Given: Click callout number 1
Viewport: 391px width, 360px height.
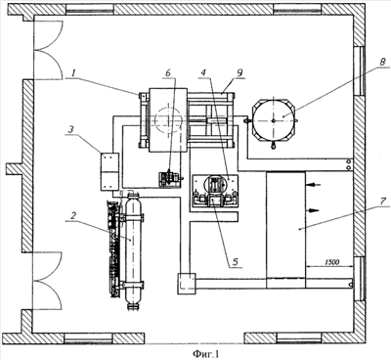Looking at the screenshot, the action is click(74, 73).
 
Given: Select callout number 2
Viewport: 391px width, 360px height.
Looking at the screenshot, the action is click(73, 215).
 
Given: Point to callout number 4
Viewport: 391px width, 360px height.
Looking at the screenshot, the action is click(203, 73).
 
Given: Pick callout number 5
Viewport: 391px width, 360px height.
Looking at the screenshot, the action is click(236, 262).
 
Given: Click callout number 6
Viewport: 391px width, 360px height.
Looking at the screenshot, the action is click(168, 73).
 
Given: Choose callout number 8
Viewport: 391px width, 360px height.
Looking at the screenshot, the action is click(382, 62).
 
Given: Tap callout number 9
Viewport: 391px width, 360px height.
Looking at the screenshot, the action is click(239, 73).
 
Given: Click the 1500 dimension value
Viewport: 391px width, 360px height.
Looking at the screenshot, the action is click(331, 262).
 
